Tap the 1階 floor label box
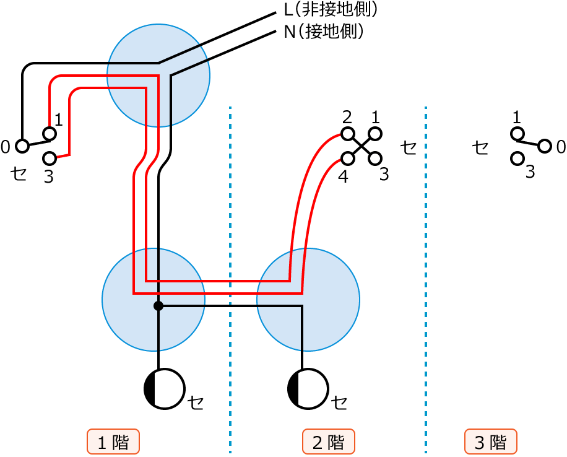tap(113, 442)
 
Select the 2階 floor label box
tap(328, 442)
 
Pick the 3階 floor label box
tap(491, 442)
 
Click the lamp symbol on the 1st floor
tap(165, 389)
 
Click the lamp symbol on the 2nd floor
tap(308, 389)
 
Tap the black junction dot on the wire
tap(158, 306)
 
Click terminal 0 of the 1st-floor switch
tap(22, 146)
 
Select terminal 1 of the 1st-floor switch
tap(50, 133)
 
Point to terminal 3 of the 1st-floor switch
tap(50, 159)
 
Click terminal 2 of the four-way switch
tap(348, 133)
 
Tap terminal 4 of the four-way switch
tap(348, 159)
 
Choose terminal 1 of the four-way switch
tap(374, 133)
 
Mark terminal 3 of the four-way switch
tap(374, 159)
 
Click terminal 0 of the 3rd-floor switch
tap(544, 146)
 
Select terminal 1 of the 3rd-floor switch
tap(517, 133)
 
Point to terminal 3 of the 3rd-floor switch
tap(517, 159)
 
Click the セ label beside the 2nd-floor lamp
tap(339, 403)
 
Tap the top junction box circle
tap(158, 76)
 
